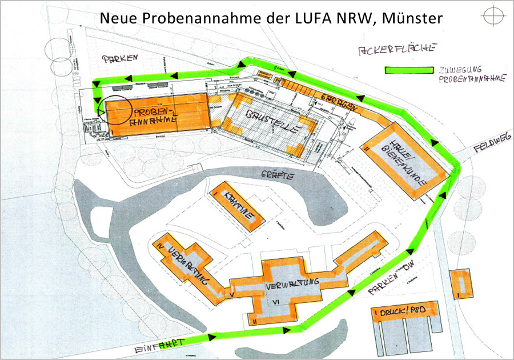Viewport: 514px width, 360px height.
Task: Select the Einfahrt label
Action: coord(162,344)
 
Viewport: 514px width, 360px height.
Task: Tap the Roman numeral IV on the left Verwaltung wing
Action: coord(160,246)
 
